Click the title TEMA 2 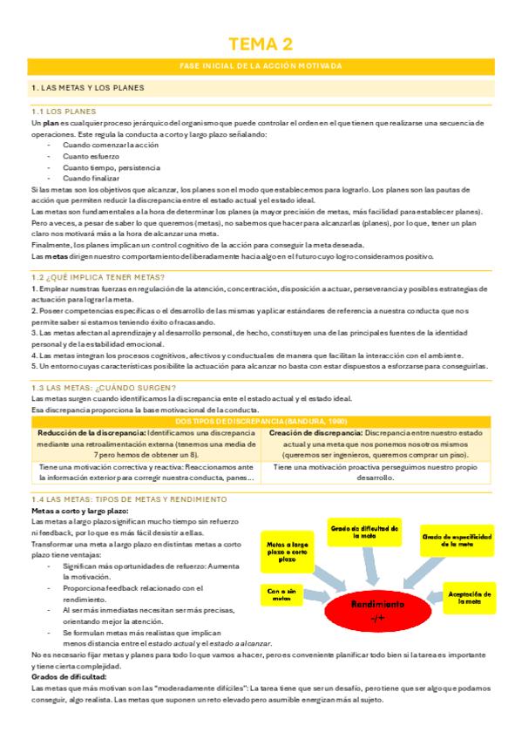tap(261, 44)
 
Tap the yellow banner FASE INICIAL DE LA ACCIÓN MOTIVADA tap(261, 67)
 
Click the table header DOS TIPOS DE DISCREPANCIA tap(261, 421)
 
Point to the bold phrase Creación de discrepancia tap(315, 432)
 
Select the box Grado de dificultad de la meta tap(363, 532)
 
